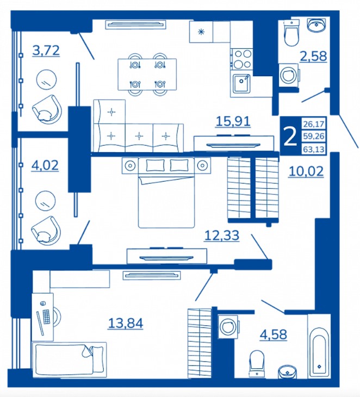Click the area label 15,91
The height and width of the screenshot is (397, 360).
tap(233, 121)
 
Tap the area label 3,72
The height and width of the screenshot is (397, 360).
tap(46, 51)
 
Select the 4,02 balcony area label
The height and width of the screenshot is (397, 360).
tap(45, 165)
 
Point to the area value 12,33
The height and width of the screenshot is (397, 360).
tap(222, 235)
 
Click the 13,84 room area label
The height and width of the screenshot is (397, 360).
tap(126, 324)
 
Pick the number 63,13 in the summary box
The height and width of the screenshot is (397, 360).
tap(314, 150)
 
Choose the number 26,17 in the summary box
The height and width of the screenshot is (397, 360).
tap(314, 124)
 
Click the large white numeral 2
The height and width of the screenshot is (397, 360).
tap(290, 136)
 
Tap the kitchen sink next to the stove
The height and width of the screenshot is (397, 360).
tap(241, 83)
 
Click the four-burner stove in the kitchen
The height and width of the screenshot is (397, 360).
tap(242, 59)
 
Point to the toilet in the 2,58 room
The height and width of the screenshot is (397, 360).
tap(291, 33)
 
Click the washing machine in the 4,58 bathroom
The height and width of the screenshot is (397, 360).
tap(228, 326)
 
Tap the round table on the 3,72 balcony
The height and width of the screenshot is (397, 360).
tap(46, 79)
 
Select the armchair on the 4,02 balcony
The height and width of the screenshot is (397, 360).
tap(46, 231)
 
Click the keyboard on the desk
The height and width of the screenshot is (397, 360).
tap(47, 316)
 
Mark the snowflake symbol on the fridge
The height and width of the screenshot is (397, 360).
tap(201, 32)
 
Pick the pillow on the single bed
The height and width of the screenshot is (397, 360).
tap(96, 352)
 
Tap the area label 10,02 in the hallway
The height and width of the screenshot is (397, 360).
tap(306, 172)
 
